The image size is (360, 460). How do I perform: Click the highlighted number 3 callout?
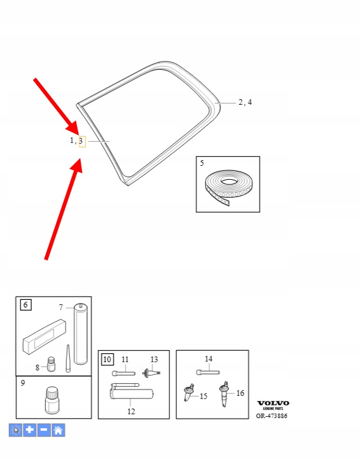(82, 142)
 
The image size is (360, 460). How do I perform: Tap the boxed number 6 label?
(25, 305)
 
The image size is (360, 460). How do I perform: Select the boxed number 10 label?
(107, 360)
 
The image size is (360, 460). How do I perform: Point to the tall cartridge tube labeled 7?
(80, 334)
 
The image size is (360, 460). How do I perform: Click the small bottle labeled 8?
(51, 364)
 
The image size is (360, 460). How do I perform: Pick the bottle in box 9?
(52, 400)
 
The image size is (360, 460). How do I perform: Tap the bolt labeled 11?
(123, 374)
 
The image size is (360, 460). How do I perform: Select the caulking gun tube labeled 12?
(132, 391)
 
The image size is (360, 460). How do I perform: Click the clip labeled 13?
(151, 373)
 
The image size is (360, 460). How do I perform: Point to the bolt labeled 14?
(208, 372)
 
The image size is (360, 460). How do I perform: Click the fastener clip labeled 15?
(188, 392)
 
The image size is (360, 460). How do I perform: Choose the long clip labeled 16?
(224, 394)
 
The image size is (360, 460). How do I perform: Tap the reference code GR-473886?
(272, 416)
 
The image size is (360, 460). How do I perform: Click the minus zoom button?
(44, 430)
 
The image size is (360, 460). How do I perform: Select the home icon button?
(58, 430)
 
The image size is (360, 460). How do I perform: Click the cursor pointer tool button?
(15, 430)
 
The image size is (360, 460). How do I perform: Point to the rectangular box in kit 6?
(45, 337)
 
